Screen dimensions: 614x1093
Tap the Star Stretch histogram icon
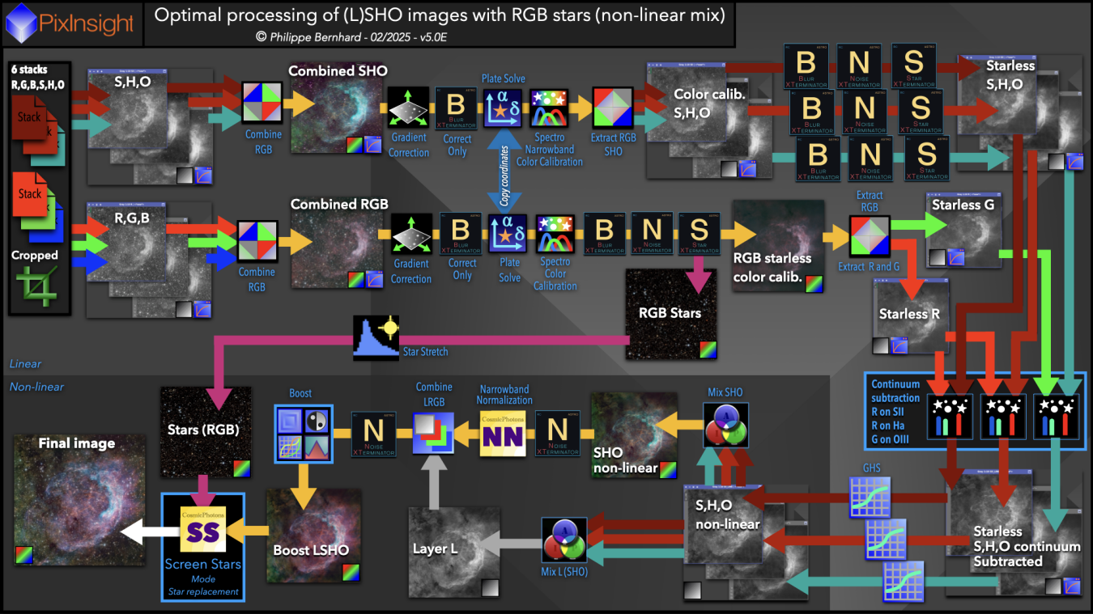tap(376, 338)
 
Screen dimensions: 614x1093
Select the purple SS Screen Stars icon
tap(202, 531)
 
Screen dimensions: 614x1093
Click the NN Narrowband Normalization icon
tap(502, 434)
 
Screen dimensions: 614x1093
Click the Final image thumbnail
tap(79, 499)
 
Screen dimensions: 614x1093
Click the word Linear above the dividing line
tap(25, 364)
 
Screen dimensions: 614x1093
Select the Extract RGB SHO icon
tap(614, 108)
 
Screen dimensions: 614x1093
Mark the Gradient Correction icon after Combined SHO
tap(409, 108)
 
